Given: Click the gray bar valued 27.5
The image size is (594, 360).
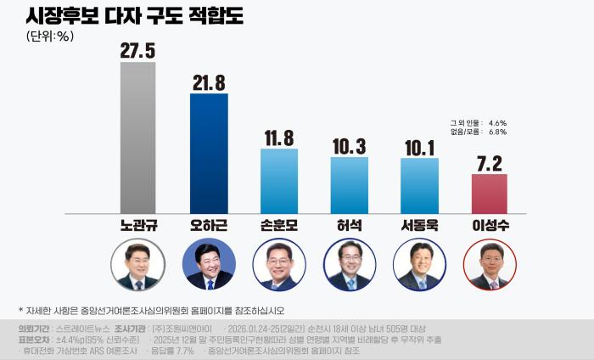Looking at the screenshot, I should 138,138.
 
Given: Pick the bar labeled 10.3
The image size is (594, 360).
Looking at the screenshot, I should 349,185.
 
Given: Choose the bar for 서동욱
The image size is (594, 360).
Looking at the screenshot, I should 419,185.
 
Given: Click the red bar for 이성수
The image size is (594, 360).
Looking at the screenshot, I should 489,194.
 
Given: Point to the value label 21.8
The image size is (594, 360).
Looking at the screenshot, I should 209,82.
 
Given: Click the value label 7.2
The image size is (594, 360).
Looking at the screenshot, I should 489,161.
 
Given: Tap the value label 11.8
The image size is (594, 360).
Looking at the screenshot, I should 279,138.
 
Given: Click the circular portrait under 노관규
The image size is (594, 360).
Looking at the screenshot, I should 138,265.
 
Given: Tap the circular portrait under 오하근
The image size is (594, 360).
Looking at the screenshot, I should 209,265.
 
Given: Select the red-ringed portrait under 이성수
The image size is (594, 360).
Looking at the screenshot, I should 489,265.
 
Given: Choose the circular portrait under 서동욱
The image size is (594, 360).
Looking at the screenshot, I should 419,265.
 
